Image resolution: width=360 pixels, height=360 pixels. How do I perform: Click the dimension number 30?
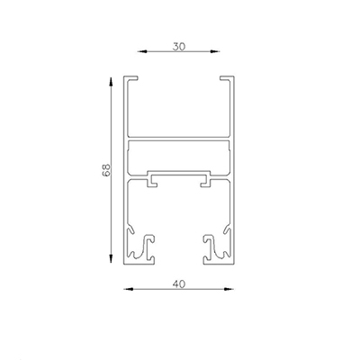(x=181, y=42)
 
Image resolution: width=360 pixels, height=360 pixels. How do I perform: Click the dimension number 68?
(x=104, y=169)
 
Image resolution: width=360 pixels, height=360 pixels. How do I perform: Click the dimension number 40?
(x=181, y=282)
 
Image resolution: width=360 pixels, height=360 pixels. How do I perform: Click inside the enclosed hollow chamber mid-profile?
(x=180, y=155)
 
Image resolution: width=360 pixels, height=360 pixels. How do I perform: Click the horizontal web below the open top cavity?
(x=180, y=139)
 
